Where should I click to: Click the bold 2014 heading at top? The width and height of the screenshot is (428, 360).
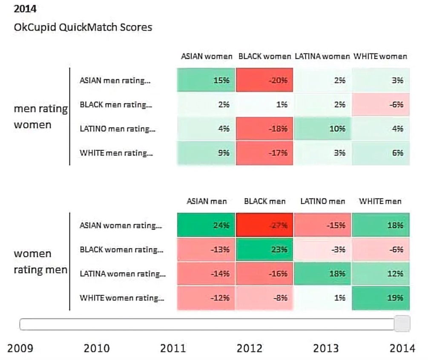click(25, 9)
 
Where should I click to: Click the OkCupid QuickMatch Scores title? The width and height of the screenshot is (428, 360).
click(83, 27)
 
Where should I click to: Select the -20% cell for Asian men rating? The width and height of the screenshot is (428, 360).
click(264, 80)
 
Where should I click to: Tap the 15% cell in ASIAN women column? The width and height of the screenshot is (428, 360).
click(206, 80)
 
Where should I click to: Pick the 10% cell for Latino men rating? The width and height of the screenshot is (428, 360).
click(322, 129)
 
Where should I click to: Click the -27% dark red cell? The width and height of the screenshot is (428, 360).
click(264, 225)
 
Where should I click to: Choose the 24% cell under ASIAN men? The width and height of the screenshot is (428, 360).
click(206, 225)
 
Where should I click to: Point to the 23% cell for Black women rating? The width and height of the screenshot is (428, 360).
click(264, 249)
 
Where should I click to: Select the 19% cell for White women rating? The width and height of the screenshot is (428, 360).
click(381, 298)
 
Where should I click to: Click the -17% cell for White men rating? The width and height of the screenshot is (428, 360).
click(264, 153)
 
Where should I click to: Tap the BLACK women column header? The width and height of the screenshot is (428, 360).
click(265, 57)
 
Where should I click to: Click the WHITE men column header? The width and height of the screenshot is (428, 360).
click(380, 202)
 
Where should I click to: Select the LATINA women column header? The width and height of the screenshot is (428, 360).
click(322, 57)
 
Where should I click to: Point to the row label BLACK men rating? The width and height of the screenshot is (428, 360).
click(116, 105)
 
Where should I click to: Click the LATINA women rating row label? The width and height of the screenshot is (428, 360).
click(123, 274)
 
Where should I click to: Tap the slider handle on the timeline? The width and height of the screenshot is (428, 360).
click(402, 324)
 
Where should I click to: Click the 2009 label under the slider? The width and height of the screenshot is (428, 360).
click(20, 348)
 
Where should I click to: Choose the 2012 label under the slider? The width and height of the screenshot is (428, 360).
click(250, 348)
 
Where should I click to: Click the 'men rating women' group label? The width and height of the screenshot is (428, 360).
click(41, 117)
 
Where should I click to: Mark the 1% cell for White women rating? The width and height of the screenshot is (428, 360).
click(322, 298)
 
